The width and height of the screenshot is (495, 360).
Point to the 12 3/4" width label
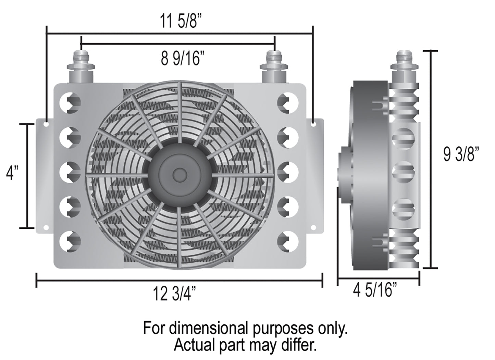(x=175, y=294)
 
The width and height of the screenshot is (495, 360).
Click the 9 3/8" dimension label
(x=461, y=154)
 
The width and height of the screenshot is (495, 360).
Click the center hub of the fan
(x=180, y=175)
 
